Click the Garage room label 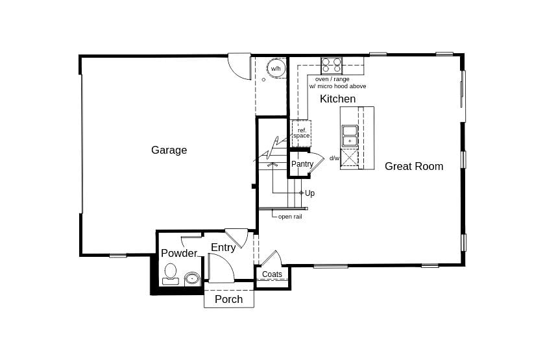(x=169, y=150)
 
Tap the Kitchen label (x=337, y=99)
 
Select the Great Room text (x=414, y=167)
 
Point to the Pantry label (x=302, y=164)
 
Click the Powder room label (x=178, y=254)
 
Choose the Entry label (x=223, y=248)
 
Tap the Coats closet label (x=272, y=274)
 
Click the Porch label (x=228, y=299)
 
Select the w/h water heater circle (x=276, y=69)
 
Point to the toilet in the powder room (x=171, y=273)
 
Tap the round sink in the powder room (x=192, y=279)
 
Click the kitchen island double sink (x=349, y=136)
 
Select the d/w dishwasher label (x=334, y=158)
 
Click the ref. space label (x=301, y=133)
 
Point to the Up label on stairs (x=309, y=193)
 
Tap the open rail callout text (x=290, y=217)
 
